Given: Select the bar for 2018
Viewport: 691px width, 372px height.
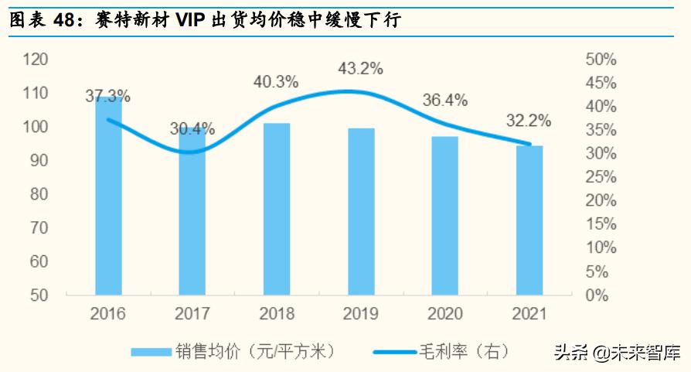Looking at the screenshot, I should coord(277,209).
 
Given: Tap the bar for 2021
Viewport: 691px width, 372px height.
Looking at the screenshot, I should coord(529,220).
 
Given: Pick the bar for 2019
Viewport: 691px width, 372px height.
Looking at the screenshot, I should coord(361,211).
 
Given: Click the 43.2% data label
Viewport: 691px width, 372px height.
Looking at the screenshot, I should coord(360,70).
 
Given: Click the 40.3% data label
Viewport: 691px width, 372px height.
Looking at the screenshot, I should coord(276,81).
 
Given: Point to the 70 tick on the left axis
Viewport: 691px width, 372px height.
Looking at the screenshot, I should coord(39,228).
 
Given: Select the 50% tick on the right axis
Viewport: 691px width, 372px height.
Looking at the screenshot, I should coord(601,60).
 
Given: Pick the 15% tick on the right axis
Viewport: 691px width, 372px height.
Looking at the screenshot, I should coord(601,224).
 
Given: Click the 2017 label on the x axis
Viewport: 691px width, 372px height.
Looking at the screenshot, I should coord(192,315).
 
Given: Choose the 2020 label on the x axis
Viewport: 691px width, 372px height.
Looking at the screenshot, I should coord(444,315).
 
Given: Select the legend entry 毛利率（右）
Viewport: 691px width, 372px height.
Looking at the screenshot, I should coord(441,352).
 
